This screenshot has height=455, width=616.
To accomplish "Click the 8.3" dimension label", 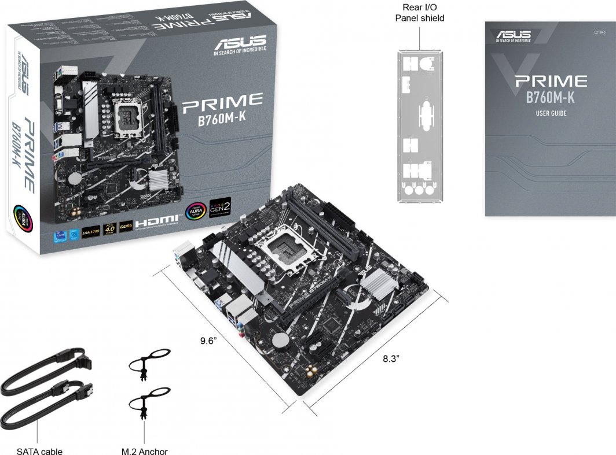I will [391, 358].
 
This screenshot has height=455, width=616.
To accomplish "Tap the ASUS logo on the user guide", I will [513, 36].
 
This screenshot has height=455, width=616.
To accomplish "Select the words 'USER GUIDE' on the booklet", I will [551, 113].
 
